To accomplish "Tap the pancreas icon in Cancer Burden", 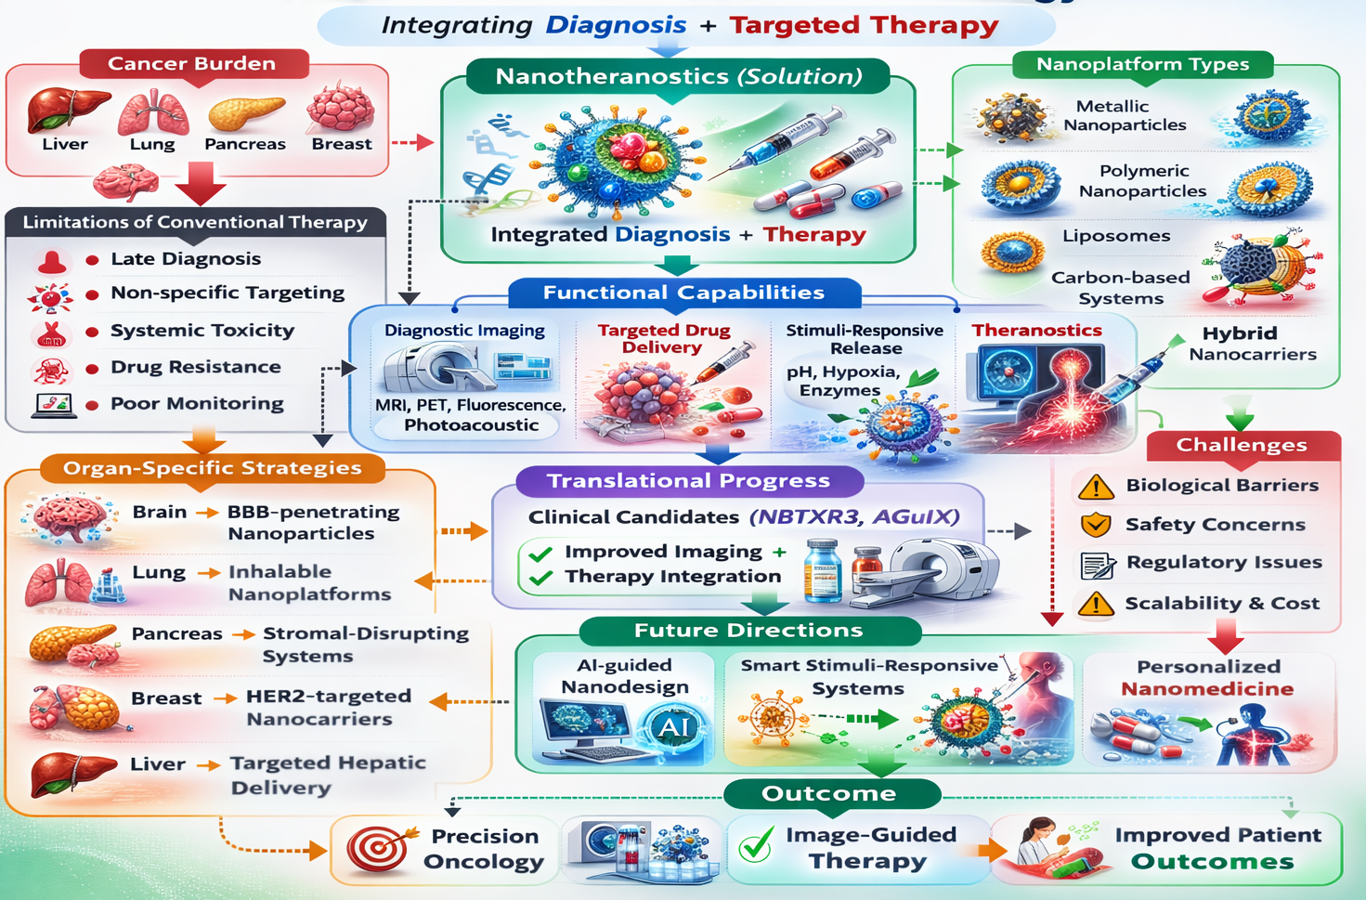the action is tap(246, 112).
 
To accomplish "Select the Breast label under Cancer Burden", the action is tap(342, 144).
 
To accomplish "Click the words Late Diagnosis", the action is tap(186, 258).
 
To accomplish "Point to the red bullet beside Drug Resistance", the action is tap(92, 369).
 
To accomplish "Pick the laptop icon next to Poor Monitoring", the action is tap(54, 406).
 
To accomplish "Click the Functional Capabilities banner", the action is tap(684, 293).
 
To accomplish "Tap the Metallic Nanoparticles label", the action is tap(1125, 115).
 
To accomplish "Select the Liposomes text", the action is tap(1116, 236).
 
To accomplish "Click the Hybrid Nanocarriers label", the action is tap(1253, 344).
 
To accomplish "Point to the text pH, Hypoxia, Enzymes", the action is tap(843, 381).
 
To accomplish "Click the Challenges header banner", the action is tap(1243, 445).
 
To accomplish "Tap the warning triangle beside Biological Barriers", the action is tap(1096, 488).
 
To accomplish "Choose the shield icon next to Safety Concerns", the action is tap(1095, 525).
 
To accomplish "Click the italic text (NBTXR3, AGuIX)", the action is tap(854, 517).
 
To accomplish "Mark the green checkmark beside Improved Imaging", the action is tap(540, 554).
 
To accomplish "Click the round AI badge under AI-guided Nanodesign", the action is tap(674, 726).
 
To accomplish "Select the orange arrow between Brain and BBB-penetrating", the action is tap(207, 513).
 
